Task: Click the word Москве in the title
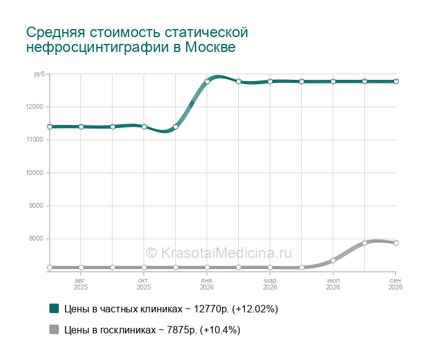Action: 210,47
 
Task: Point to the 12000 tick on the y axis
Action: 35,107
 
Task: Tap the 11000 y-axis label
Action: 35,140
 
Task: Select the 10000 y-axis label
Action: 35,173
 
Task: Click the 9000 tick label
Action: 36,206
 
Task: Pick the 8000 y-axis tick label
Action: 36,239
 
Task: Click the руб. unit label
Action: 40,74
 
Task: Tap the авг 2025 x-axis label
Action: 80,284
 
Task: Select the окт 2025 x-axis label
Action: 144,284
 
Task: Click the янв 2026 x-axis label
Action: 207,284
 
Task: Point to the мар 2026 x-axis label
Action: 270,284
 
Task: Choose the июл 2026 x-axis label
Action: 333,284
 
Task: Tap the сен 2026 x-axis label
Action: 395,284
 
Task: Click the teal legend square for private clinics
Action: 54,309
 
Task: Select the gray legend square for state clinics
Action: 54,329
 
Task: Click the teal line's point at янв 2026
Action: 207,82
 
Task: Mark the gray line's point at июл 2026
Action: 333,260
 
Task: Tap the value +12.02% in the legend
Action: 255,309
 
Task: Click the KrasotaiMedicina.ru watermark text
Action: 218,253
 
